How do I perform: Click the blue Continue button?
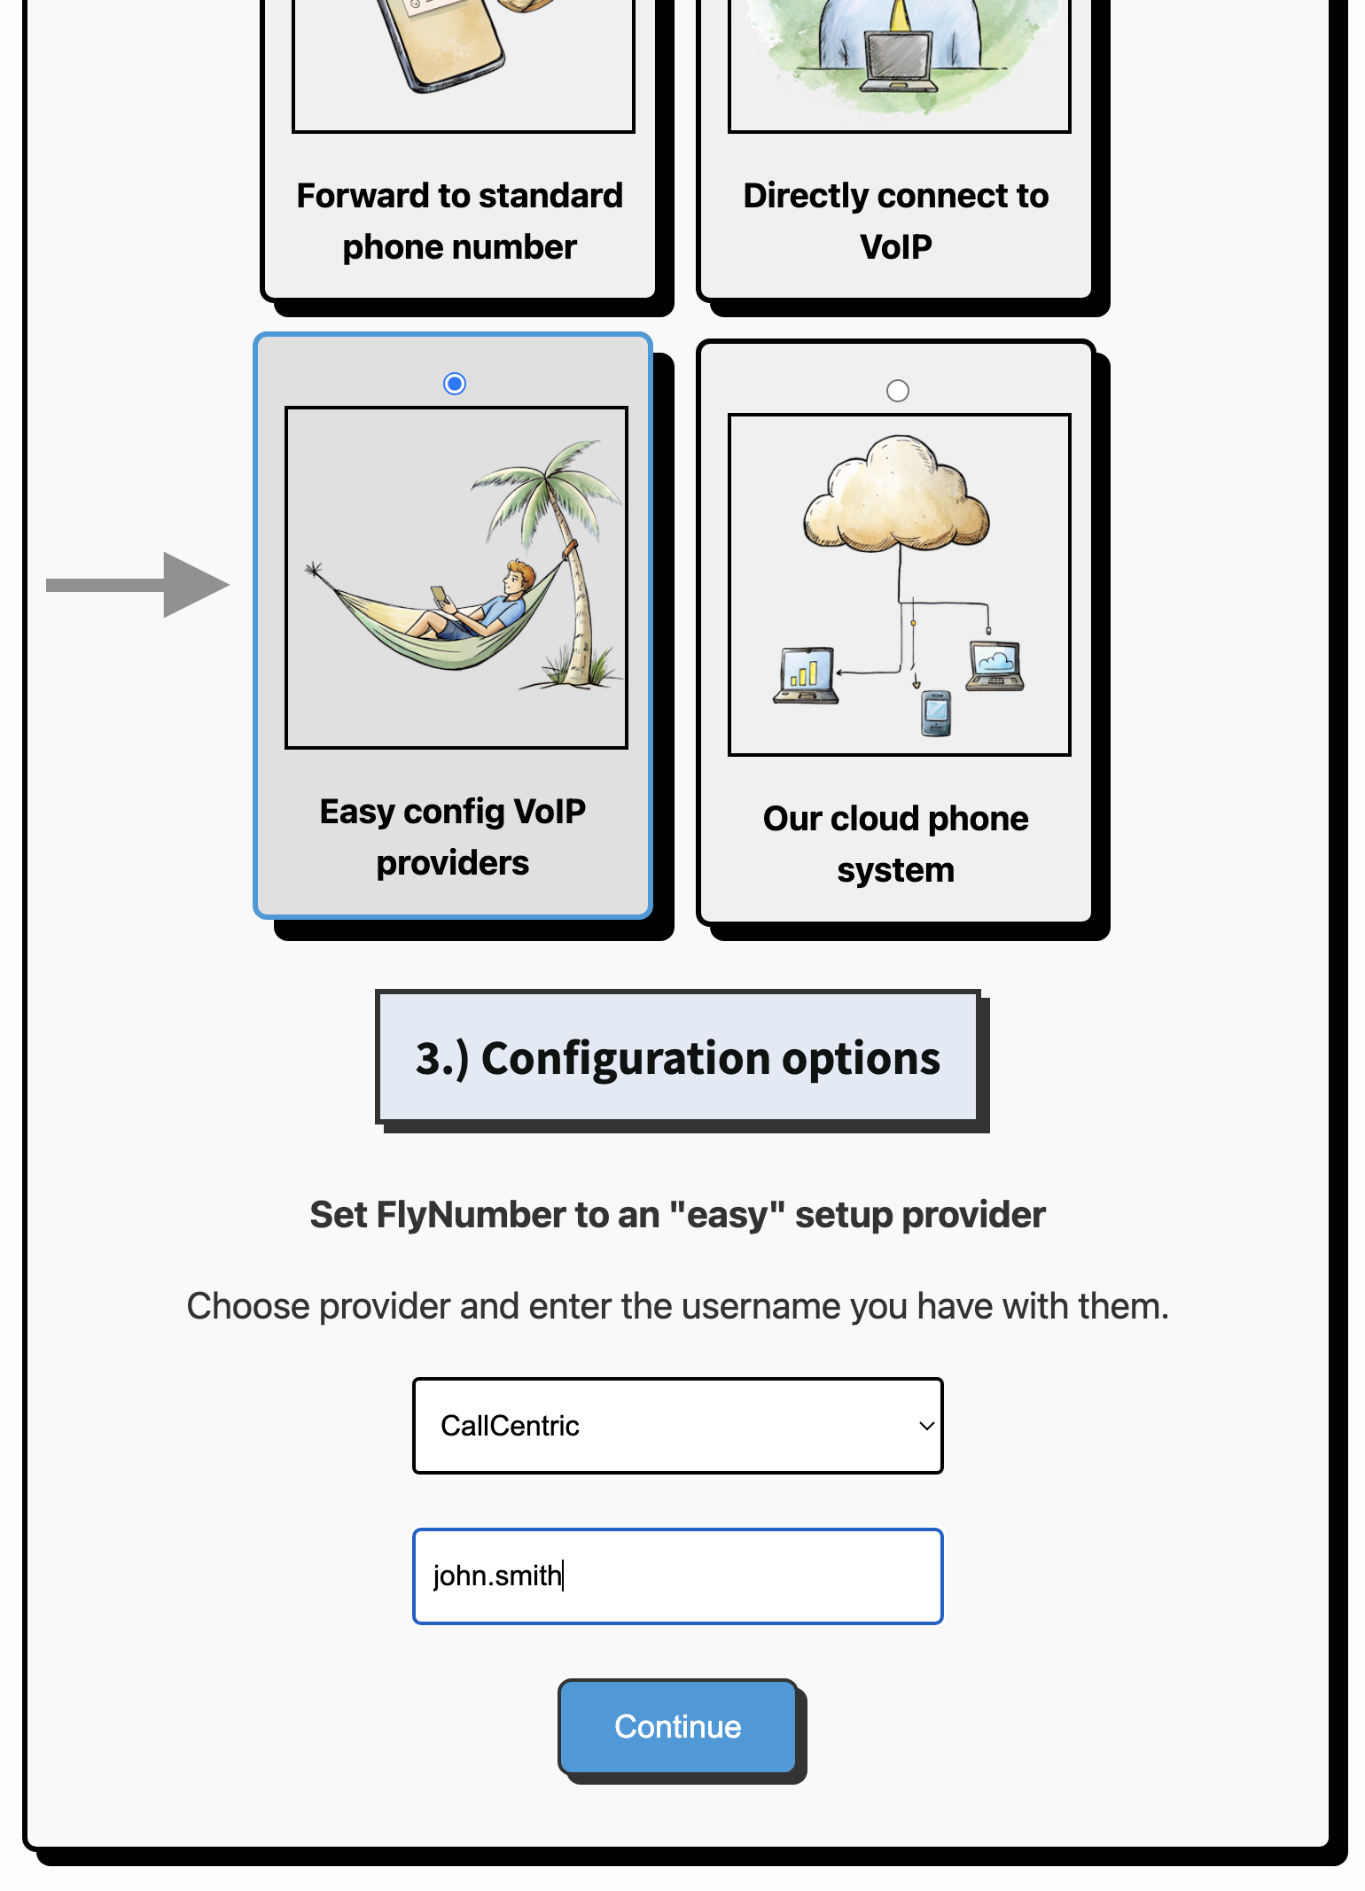click(677, 1726)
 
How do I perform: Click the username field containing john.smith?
click(677, 1576)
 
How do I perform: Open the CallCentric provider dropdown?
click(677, 1425)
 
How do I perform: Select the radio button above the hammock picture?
click(455, 384)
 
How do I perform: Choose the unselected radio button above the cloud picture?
click(898, 391)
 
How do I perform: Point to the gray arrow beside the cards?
click(138, 585)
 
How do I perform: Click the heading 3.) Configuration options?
click(677, 1058)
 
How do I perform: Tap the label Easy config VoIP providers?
click(453, 837)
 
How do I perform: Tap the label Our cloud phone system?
click(896, 844)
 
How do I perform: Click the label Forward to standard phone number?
click(460, 221)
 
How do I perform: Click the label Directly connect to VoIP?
click(896, 221)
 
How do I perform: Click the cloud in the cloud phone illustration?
click(896, 493)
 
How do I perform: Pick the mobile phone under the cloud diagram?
click(936, 712)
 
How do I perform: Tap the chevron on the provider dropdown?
click(926, 1426)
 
